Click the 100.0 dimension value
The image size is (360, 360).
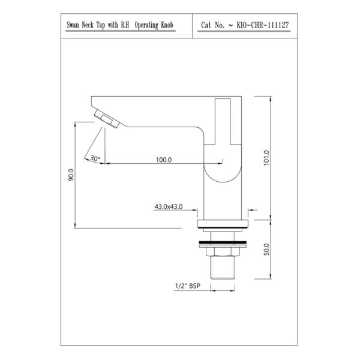pyautogui.click(x=164, y=160)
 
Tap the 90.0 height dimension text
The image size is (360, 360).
pyautogui.click(x=71, y=175)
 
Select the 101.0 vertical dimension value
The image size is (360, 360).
pyautogui.click(x=266, y=158)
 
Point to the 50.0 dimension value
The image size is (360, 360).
pyautogui.click(x=266, y=250)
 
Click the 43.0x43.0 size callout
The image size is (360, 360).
pyautogui.click(x=169, y=206)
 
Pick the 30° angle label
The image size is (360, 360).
pyautogui.click(x=95, y=158)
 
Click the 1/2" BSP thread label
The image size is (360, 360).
pyautogui.click(x=188, y=286)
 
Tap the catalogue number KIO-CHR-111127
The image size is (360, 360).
pyautogui.click(x=263, y=25)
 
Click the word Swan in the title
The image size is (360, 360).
pyautogui.click(x=73, y=25)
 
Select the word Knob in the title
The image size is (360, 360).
pyautogui.click(x=167, y=25)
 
